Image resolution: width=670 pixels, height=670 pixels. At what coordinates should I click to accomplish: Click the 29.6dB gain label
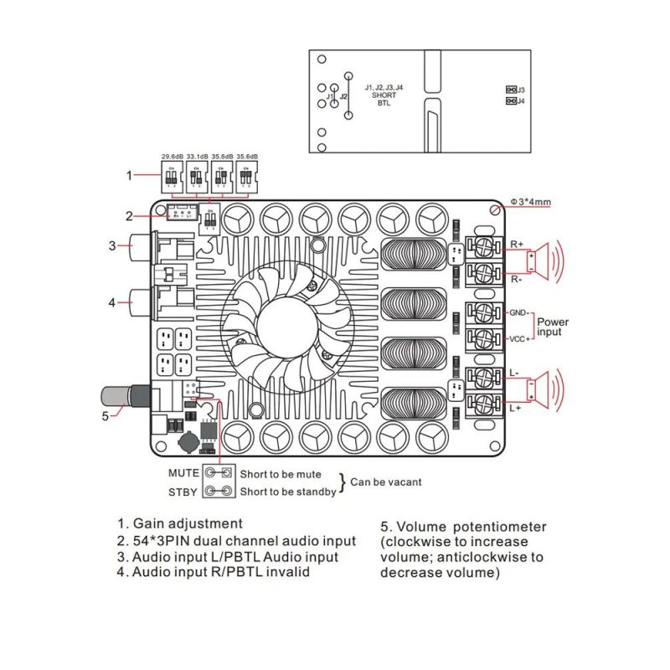point(172,156)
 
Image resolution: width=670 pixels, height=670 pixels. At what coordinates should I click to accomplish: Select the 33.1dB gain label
point(197,156)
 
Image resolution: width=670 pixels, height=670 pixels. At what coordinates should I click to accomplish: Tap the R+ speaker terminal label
point(516,244)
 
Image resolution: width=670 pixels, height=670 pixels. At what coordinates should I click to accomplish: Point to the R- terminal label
point(516,279)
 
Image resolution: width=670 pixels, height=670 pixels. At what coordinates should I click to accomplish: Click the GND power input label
point(518,312)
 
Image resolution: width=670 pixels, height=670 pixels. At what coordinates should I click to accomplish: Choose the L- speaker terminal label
point(514,372)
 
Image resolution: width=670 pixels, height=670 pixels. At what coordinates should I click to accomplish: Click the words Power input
point(553,327)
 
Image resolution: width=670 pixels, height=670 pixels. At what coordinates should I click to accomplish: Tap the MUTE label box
point(184,473)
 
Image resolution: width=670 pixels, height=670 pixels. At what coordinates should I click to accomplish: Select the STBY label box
point(184,491)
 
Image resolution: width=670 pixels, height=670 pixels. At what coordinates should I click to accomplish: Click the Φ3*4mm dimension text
point(528,203)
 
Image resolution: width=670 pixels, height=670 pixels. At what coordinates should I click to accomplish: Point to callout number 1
point(129,175)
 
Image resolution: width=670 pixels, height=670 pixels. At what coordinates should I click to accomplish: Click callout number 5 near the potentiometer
point(105,414)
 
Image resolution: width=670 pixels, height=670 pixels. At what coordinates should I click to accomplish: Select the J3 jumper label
point(521,89)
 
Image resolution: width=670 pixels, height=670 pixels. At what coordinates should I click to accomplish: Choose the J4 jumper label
point(521,101)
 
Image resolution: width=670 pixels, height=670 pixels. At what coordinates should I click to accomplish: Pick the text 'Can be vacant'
point(386,482)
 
